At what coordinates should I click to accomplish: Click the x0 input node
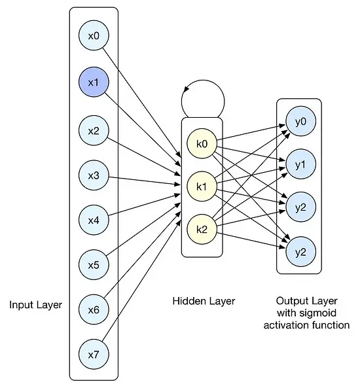94,35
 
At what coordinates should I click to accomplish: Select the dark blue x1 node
94,82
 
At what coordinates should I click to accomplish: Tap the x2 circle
94,130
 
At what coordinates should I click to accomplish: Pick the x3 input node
94,175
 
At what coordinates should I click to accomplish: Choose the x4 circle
94,220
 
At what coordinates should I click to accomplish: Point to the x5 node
94,264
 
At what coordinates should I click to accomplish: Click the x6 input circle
94,309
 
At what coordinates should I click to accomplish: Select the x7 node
94,355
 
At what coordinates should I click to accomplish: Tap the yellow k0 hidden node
202,143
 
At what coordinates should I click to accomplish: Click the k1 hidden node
202,186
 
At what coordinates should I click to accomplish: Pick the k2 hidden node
202,230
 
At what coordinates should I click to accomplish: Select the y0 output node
301,121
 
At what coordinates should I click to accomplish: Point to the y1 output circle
301,164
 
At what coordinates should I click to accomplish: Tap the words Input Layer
35,305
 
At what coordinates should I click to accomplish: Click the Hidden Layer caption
204,301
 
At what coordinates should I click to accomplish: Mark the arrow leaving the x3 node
145,181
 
